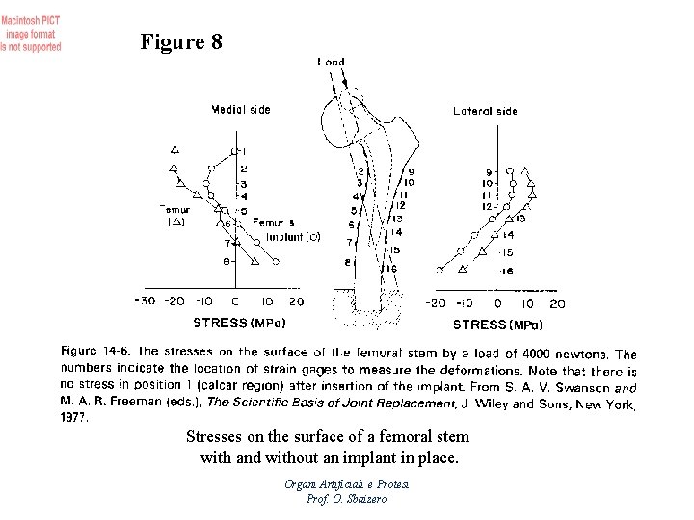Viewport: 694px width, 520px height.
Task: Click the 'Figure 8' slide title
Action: (181, 42)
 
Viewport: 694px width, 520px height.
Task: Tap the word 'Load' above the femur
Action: (331, 62)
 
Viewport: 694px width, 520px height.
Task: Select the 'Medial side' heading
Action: (241, 110)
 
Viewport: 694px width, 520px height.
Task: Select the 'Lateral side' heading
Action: (485, 111)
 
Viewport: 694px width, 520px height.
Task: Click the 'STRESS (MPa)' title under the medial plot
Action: (239, 323)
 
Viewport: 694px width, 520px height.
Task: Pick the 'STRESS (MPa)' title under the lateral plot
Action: (497, 325)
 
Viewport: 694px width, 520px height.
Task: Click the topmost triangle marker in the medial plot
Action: (175, 149)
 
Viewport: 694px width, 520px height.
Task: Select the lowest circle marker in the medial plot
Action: (276, 261)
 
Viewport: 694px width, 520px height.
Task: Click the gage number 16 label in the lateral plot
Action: (508, 272)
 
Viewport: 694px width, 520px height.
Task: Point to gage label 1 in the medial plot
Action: (244, 152)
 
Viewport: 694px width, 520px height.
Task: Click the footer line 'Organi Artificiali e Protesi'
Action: (346, 483)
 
